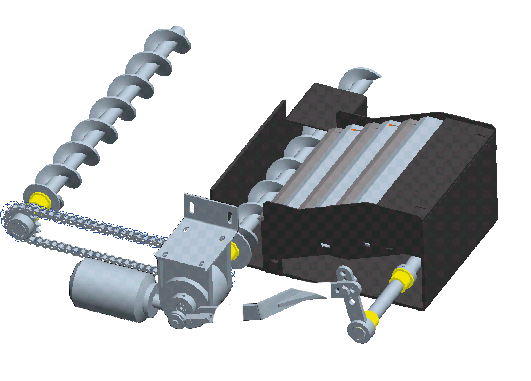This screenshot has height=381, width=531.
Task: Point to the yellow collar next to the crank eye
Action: click(x=373, y=319)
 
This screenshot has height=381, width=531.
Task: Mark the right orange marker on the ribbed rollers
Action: click(x=392, y=125)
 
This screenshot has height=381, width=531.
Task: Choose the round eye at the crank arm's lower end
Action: click(x=357, y=331)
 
